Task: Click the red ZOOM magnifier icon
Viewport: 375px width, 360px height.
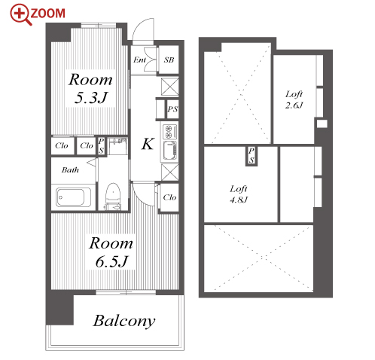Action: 21,14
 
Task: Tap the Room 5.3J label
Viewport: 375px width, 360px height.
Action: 90,88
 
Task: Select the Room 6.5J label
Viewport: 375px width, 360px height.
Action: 111,252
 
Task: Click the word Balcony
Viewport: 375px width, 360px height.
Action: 124,321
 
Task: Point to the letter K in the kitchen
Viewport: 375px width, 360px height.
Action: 148,144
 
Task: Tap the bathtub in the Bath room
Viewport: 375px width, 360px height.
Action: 73,197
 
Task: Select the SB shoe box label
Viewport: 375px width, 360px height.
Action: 169,59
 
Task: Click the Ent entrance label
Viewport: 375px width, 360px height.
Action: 139,59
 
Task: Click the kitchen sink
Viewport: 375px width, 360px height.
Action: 169,151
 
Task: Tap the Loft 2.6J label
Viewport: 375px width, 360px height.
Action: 294,99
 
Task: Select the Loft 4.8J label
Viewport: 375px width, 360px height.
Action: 239,194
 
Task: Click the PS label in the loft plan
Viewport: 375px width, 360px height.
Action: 252,155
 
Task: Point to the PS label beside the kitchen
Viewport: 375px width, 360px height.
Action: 172,109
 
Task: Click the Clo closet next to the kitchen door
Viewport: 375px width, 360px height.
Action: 169,197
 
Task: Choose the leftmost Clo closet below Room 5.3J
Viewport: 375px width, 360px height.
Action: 62,145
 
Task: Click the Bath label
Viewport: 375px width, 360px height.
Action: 70,170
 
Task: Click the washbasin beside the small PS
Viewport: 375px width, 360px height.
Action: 117,146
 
